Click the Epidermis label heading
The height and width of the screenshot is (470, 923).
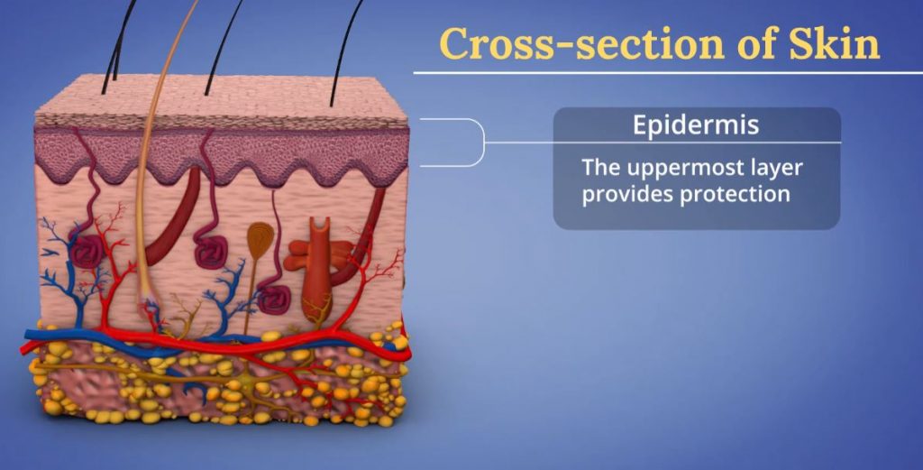695,124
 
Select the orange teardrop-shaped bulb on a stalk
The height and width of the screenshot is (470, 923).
258,238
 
